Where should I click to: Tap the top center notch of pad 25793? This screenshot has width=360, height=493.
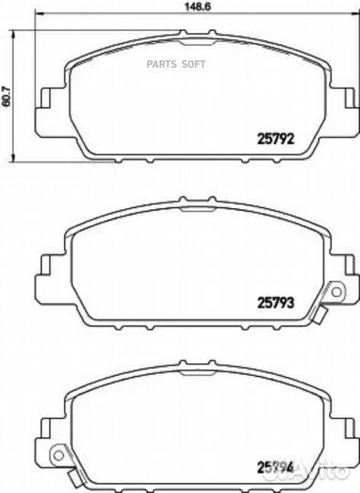[x=194, y=205]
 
